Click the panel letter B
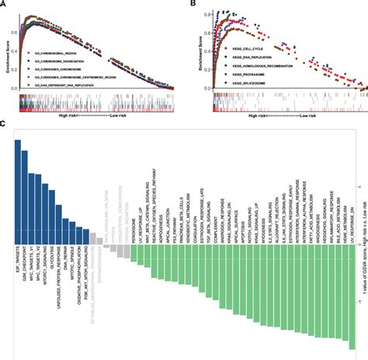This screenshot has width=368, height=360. (x=189, y=5)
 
